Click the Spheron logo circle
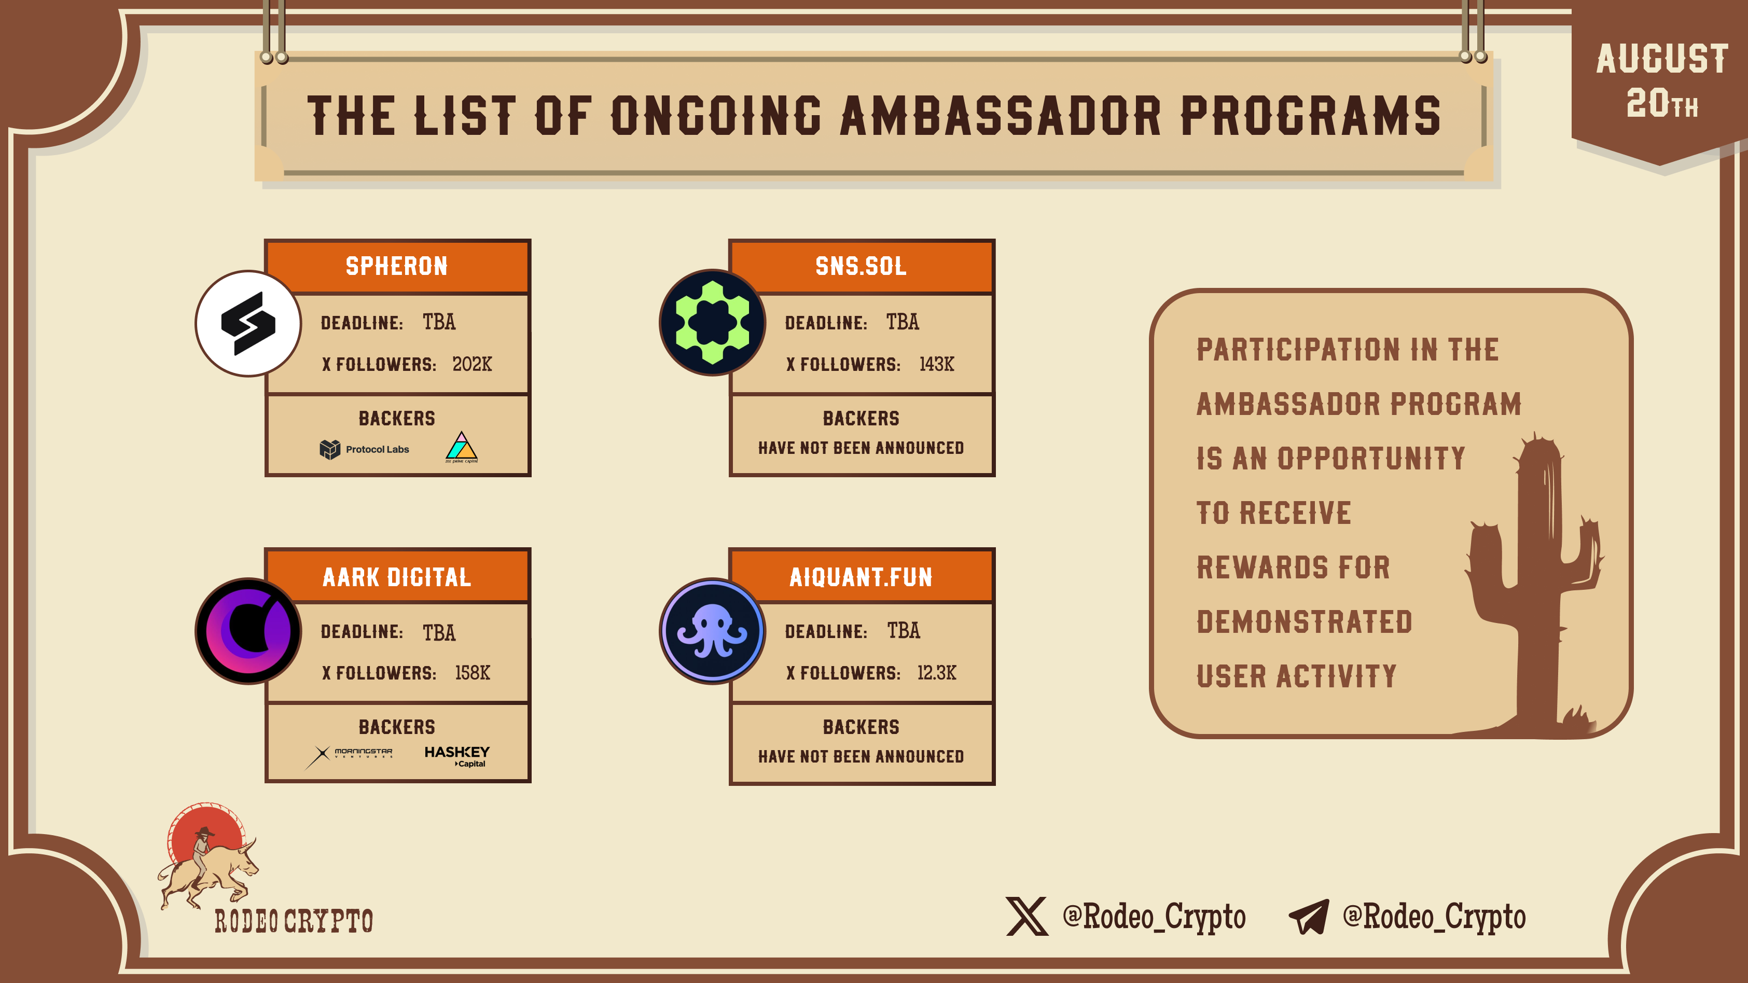[248, 323]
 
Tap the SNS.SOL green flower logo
[713, 323]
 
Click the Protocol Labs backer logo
[365, 449]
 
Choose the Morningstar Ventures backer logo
[349, 756]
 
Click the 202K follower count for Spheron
[473, 364]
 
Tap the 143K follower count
[936, 364]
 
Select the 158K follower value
[473, 673]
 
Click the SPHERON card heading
[397, 266]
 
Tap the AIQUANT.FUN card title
[861, 577]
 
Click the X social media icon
[1026, 917]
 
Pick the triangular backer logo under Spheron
[462, 447]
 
